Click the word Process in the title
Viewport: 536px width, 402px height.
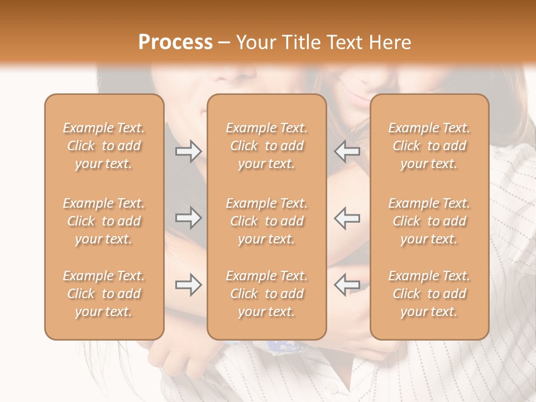pos(175,42)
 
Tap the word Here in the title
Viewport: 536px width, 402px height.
pos(389,42)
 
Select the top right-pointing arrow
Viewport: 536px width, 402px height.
pos(188,151)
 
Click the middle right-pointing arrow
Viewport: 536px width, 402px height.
pos(188,218)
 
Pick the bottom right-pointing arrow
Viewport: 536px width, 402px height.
pos(188,285)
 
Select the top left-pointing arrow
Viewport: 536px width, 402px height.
pos(347,151)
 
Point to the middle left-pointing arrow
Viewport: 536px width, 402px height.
pos(347,218)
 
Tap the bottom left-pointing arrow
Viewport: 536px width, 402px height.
pos(347,285)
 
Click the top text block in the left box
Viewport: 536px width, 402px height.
pos(104,146)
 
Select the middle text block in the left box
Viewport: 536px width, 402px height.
pos(104,221)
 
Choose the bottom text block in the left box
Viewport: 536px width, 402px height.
pos(104,294)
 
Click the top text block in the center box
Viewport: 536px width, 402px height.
pos(266,146)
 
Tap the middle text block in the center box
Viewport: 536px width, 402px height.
pos(266,221)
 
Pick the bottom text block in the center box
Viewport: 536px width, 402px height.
pos(266,294)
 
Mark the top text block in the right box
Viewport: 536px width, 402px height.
pos(429,146)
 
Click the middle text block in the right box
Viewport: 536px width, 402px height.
pos(429,221)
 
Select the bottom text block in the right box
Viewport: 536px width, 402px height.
pos(429,294)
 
